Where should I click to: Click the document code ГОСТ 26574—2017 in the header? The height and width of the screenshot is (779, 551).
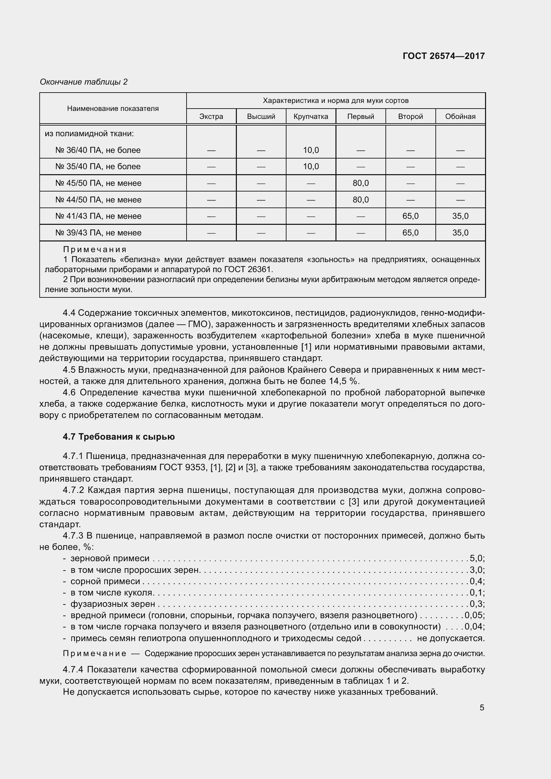[x=443, y=56]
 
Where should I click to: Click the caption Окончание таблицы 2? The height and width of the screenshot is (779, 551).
[x=84, y=82]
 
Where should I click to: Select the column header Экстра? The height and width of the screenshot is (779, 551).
[x=211, y=116]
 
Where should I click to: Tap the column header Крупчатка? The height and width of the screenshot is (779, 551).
[x=310, y=116]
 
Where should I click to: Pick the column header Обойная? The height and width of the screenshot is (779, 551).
[x=460, y=116]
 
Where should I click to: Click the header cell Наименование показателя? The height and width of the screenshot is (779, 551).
[x=113, y=109]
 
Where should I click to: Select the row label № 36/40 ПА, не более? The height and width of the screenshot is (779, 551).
[x=98, y=150]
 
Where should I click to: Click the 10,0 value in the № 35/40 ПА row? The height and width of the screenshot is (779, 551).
[x=311, y=167]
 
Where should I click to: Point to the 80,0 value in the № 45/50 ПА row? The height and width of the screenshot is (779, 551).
[x=360, y=183]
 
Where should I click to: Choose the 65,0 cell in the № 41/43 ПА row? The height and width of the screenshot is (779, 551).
[x=410, y=216]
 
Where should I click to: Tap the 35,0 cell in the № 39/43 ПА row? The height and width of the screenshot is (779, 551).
[x=460, y=233]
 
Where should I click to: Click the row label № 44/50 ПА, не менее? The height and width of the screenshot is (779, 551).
[x=98, y=200]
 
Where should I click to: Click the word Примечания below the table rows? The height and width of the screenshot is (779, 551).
[x=95, y=250]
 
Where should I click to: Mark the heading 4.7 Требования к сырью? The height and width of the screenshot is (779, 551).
[x=119, y=437]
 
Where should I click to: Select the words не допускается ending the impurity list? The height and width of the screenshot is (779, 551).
[x=450, y=638]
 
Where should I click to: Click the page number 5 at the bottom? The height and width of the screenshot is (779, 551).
[x=482, y=708]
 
